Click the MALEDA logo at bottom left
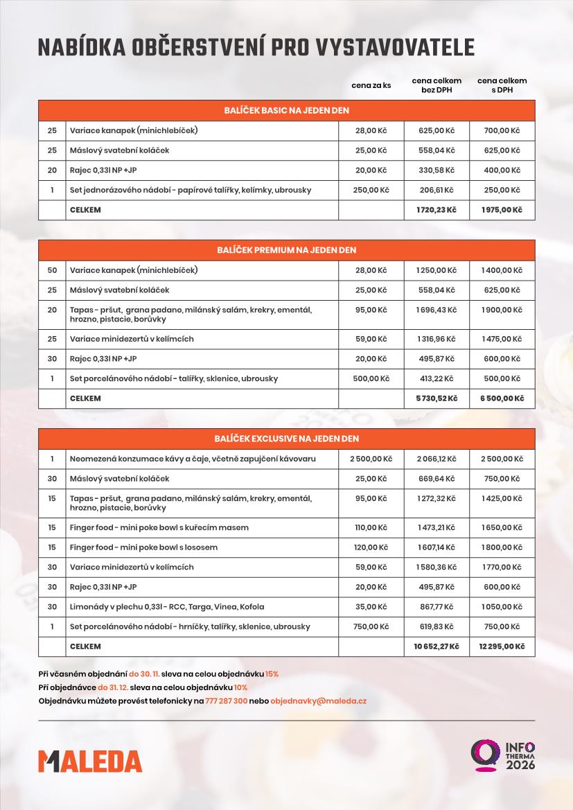tap(90, 760)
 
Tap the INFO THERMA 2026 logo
tap(504, 755)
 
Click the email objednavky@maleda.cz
tap(319, 701)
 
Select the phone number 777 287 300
tap(227, 701)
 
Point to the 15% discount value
tap(272, 673)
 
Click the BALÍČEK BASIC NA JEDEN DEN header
tap(286, 110)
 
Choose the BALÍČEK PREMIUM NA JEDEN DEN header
tap(286, 250)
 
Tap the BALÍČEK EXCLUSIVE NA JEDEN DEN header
tap(286, 439)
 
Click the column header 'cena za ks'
tap(371, 85)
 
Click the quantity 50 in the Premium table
tap(52, 270)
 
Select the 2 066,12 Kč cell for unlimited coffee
tap(436, 459)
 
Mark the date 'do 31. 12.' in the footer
tap(113, 687)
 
